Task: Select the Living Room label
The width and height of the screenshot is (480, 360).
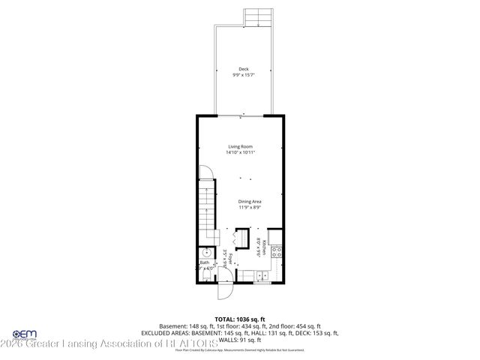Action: tap(240, 146)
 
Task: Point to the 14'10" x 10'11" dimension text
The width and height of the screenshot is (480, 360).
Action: tap(240, 152)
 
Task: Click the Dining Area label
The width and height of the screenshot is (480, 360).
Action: tap(250, 202)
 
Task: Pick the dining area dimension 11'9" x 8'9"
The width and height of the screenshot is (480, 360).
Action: tap(250, 208)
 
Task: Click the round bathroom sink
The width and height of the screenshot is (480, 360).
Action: tap(203, 252)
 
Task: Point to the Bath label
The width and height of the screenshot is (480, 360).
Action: tap(204, 262)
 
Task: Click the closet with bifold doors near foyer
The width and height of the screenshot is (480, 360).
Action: tap(239, 238)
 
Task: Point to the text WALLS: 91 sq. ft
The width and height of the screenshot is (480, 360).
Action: tap(240, 340)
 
